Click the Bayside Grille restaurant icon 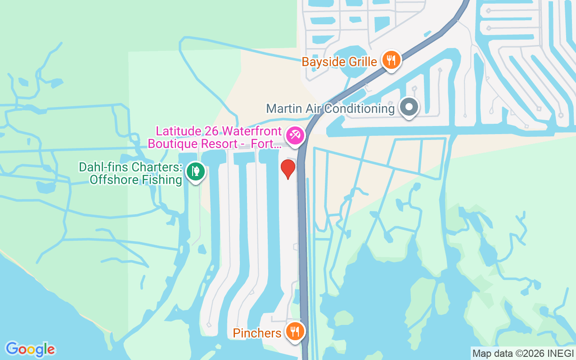[x=391, y=59]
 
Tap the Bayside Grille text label [x=339, y=62]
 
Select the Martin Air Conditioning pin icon [x=409, y=108]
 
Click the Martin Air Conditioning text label [x=330, y=108]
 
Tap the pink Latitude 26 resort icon [x=295, y=135]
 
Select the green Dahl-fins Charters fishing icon [x=195, y=171]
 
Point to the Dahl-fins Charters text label [x=130, y=174]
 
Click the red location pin [x=288, y=168]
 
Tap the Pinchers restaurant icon [x=295, y=332]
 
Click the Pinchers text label [x=257, y=333]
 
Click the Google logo [x=30, y=349]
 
